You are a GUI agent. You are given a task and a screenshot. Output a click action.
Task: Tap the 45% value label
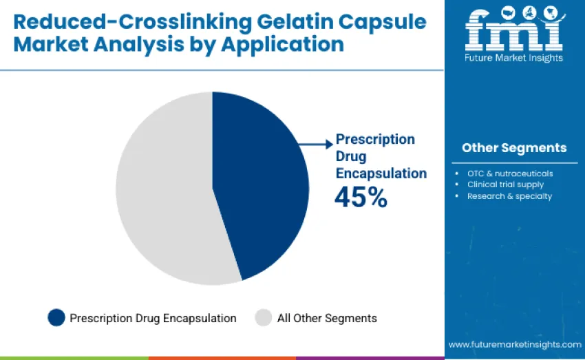[x=361, y=198]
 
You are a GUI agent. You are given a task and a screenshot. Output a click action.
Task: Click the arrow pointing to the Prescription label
[x=316, y=144]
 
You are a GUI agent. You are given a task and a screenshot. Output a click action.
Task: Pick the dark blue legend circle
[x=56, y=318]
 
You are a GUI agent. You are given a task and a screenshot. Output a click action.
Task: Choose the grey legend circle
[x=264, y=318]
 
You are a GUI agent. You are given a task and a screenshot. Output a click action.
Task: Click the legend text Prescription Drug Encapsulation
[x=153, y=318]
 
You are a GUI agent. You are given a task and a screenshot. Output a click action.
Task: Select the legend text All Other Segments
[x=327, y=318]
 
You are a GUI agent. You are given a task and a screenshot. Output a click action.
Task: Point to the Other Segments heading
[x=514, y=148]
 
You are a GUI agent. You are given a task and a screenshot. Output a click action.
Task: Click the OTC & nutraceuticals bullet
[x=510, y=173]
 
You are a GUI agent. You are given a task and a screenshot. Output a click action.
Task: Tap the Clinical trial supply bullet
[x=505, y=184]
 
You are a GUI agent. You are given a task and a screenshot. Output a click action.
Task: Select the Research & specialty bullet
[x=509, y=196]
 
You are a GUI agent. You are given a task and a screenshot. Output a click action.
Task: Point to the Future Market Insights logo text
[x=514, y=58]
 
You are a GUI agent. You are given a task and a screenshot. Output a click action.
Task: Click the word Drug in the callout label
[x=351, y=156]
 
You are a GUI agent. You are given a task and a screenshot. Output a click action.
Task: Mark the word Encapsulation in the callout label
[x=381, y=173]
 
